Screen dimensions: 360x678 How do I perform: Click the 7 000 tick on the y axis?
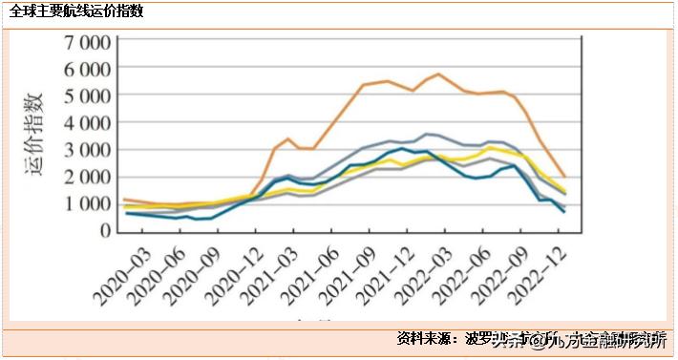point(88,43)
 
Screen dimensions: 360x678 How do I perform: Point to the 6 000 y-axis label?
point(88,70)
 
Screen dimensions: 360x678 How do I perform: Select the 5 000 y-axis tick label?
point(88,96)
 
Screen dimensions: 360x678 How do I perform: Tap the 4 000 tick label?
point(88,123)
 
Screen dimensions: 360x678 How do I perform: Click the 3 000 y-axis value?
point(88,150)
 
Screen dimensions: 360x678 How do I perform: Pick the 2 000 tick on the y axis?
point(88,177)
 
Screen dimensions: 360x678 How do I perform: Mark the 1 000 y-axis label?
point(88,203)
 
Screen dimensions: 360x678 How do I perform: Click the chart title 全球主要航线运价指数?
point(78,12)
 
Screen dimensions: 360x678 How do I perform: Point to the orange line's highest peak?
point(438,74)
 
